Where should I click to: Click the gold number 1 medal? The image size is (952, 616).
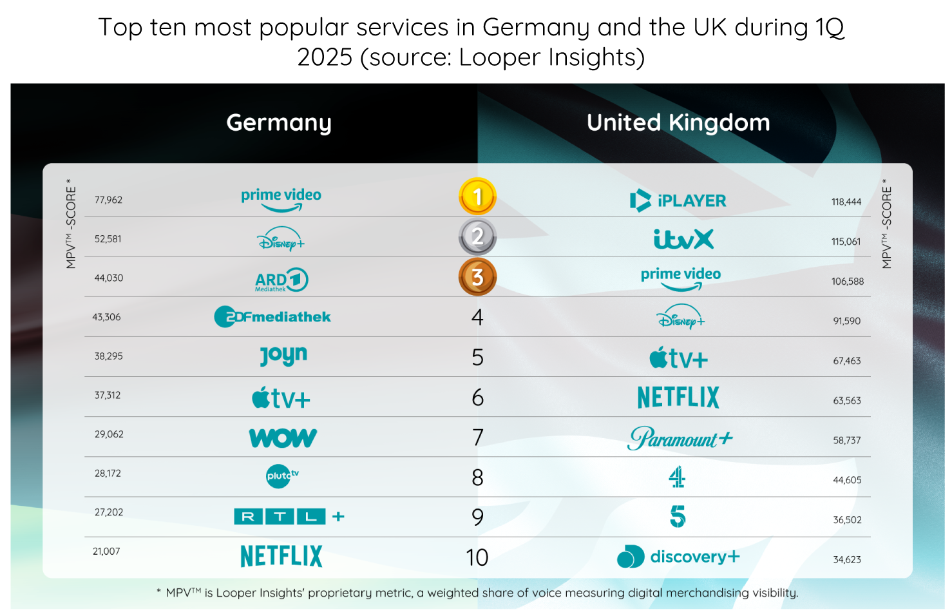[x=477, y=197]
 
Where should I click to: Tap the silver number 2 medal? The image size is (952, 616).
[x=477, y=236]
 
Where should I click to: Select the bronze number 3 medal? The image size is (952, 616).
[x=477, y=277]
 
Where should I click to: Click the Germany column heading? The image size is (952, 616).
[x=279, y=122]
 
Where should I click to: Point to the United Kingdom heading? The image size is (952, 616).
[x=678, y=122]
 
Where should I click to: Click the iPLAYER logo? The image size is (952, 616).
[x=678, y=200]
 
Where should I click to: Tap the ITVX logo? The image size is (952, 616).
[x=683, y=240]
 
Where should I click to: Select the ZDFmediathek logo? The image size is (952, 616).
[x=272, y=316]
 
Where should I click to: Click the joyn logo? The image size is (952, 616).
[x=283, y=356]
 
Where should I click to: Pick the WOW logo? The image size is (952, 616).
[x=283, y=438]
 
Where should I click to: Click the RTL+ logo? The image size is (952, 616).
[x=289, y=516]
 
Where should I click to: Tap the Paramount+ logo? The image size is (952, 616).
[x=680, y=439]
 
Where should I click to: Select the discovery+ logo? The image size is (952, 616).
[x=678, y=557]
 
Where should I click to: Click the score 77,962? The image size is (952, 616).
[x=108, y=200]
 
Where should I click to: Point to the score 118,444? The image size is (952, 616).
[x=846, y=202]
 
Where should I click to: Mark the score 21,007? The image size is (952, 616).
[x=106, y=551]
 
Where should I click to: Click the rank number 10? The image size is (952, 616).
[x=477, y=557]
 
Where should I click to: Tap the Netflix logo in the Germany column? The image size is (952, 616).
[x=281, y=556]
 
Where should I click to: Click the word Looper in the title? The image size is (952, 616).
[x=500, y=57]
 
